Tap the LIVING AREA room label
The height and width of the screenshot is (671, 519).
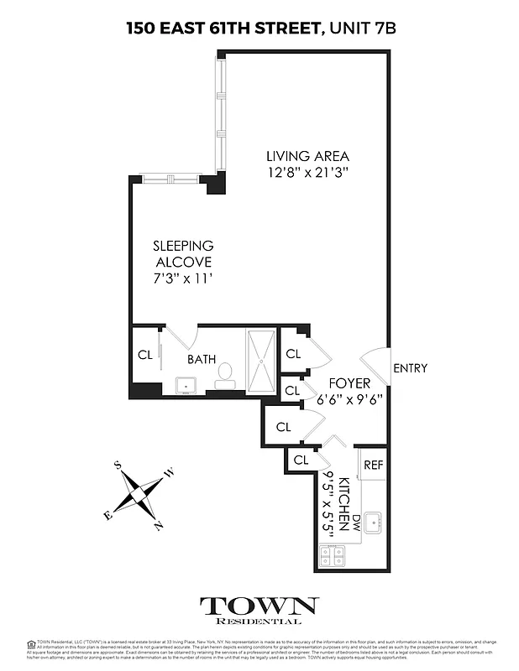pyautogui.click(x=307, y=156)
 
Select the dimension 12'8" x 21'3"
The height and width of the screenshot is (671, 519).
pyautogui.click(x=307, y=173)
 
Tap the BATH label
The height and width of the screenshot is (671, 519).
pyautogui.click(x=202, y=359)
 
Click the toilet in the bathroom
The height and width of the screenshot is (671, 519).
pyautogui.click(x=225, y=373)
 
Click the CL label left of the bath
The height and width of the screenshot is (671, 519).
pyautogui.click(x=144, y=353)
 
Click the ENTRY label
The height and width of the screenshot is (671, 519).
pyautogui.click(x=410, y=367)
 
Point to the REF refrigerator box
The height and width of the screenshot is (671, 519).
pyautogui.click(x=373, y=465)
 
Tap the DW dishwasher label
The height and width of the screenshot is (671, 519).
pyautogui.click(x=356, y=522)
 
